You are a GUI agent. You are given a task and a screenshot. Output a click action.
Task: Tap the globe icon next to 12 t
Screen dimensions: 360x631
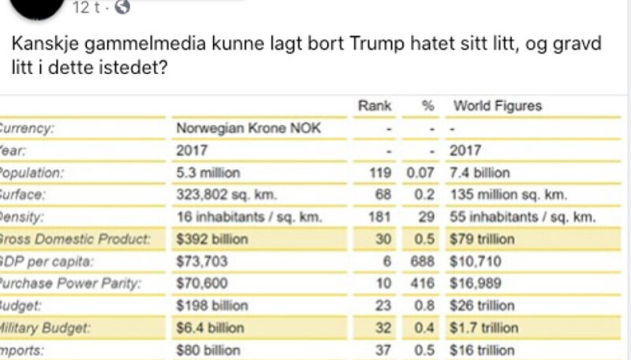click(x=122, y=8)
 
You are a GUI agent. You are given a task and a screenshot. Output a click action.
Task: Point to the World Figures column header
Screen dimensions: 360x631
click(x=498, y=106)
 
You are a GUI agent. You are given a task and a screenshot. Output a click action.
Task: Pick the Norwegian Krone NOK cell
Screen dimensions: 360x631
click(x=248, y=128)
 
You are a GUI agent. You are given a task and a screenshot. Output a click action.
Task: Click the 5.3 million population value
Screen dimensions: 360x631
click(x=208, y=173)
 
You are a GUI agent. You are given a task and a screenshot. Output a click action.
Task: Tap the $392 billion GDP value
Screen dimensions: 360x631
click(x=212, y=239)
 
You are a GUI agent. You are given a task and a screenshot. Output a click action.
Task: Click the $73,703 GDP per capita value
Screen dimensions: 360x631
click(x=202, y=261)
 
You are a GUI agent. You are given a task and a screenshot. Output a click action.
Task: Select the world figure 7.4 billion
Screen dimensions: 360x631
click(x=480, y=173)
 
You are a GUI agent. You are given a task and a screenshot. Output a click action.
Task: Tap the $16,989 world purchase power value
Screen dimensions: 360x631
click(x=477, y=284)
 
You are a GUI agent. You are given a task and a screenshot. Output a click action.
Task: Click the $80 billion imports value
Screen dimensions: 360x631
click(x=208, y=350)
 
